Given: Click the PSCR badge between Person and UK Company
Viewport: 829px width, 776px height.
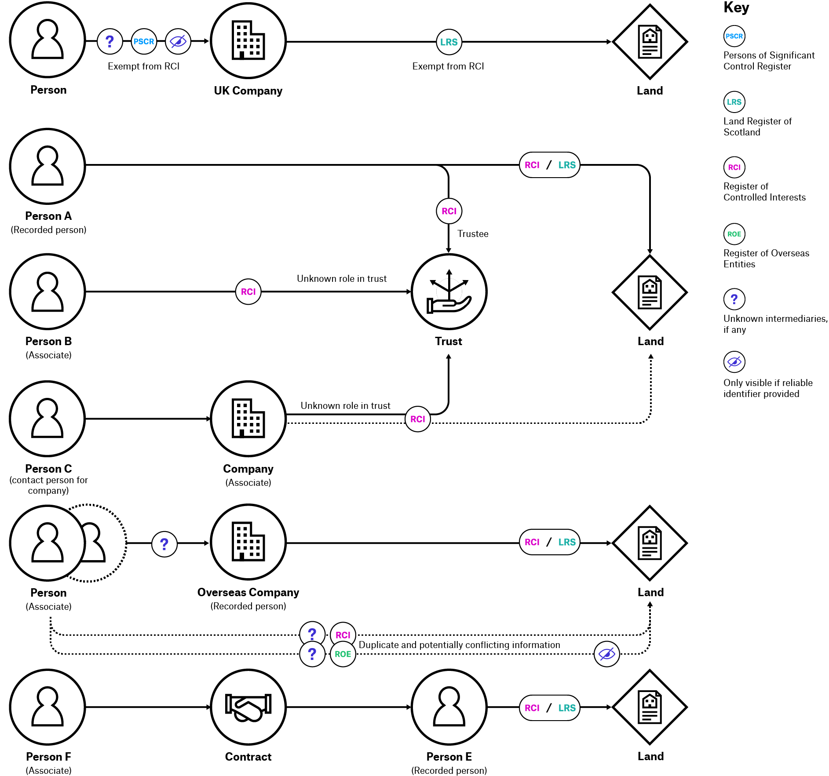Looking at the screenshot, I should [144, 42].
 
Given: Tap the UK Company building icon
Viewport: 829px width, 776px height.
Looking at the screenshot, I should [248, 41].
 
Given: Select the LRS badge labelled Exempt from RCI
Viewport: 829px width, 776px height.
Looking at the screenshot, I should [449, 42].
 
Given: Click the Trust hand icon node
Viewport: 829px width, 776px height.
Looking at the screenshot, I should [449, 292].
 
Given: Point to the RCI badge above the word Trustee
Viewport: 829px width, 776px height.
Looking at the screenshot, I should [449, 211].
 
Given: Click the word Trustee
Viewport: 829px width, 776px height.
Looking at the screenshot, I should [473, 234].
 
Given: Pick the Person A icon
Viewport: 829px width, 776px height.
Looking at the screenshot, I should [47, 166].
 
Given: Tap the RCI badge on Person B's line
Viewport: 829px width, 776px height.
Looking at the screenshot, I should [248, 291].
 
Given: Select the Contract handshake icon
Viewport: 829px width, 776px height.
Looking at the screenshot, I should [248, 707].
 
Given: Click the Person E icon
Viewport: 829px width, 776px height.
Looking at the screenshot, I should [449, 707].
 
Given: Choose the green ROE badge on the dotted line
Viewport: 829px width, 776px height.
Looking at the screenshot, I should [343, 654].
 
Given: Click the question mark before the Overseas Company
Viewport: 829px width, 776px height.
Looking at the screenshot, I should [164, 544].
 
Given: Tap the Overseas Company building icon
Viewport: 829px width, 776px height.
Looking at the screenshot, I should [248, 542].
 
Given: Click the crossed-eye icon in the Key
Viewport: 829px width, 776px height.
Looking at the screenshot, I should [734, 362].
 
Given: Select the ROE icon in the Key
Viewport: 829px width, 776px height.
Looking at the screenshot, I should [734, 234].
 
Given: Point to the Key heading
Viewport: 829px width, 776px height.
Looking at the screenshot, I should [736, 7].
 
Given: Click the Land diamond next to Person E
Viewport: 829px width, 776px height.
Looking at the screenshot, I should [650, 707].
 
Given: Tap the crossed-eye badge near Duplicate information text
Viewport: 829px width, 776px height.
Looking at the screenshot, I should [606, 654].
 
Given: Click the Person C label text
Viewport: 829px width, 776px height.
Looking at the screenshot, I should [48, 469].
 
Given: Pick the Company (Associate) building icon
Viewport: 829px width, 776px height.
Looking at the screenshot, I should [248, 419].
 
